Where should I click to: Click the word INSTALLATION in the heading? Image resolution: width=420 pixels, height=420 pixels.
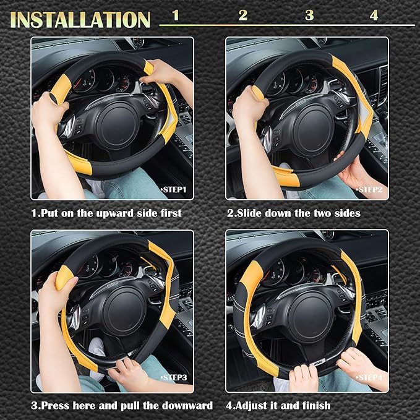(x=81, y=19)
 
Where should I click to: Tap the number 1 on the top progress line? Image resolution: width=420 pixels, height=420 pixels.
(x=176, y=15)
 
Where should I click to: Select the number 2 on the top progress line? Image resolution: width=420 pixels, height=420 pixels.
(x=243, y=15)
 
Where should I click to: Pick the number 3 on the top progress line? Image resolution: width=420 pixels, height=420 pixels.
(x=309, y=15)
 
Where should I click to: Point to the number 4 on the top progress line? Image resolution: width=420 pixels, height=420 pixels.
(x=374, y=15)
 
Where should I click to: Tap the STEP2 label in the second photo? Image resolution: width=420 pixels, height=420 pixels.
(x=369, y=189)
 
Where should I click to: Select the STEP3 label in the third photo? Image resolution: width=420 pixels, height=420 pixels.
(x=175, y=377)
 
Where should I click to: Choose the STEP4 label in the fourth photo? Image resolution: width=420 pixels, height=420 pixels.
(x=369, y=377)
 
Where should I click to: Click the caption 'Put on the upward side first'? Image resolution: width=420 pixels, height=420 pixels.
(x=106, y=213)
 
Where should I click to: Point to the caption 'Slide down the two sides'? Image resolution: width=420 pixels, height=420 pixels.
(x=293, y=213)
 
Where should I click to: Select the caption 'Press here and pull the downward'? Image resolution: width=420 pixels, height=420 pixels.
(x=122, y=406)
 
